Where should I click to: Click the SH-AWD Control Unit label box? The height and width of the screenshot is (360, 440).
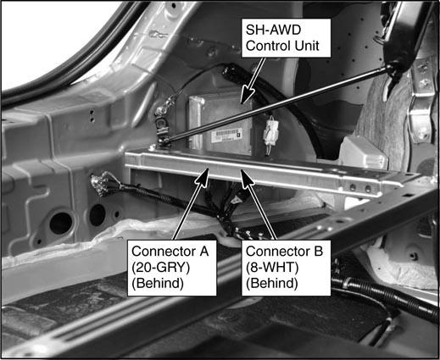pyautogui.click(x=286, y=38)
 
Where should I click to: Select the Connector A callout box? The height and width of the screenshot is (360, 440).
pyautogui.click(x=172, y=268)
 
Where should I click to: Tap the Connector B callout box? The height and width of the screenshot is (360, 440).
pyautogui.click(x=286, y=268)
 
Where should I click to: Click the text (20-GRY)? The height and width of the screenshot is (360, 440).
pyautogui.click(x=161, y=268)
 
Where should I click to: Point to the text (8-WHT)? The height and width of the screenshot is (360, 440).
pyautogui.click(x=272, y=268)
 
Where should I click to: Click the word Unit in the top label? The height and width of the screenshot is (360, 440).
pyautogui.click(x=307, y=46)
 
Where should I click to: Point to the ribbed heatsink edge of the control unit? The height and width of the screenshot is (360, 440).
pyautogui.click(x=196, y=121)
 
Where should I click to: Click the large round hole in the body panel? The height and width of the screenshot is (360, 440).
pyautogui.click(x=61, y=223)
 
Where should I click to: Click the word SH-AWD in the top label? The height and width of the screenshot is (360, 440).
pyautogui.click(x=273, y=30)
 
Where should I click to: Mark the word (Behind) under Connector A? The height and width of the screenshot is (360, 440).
pyautogui.click(x=158, y=283)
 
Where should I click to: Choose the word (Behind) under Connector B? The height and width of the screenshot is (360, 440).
pyautogui.click(x=272, y=283)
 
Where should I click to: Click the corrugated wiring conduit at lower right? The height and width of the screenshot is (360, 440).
pyautogui.click(x=384, y=297)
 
